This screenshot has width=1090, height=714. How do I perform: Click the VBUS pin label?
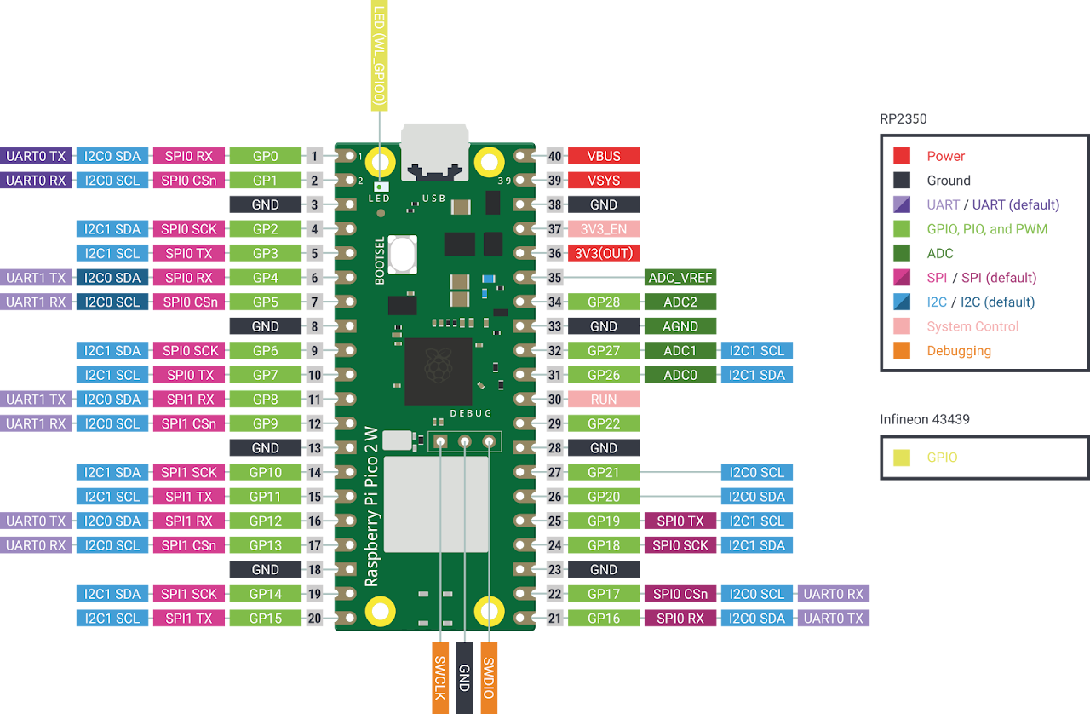pyautogui.click(x=604, y=156)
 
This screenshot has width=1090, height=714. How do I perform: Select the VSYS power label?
pyautogui.click(x=604, y=181)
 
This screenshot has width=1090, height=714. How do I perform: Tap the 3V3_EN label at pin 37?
pyautogui.click(x=604, y=229)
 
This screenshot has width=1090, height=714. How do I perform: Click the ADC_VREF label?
pyautogui.click(x=680, y=278)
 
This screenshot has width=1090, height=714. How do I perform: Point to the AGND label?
pyautogui.click(x=680, y=326)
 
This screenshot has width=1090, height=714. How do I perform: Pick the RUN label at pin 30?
pyautogui.click(x=604, y=400)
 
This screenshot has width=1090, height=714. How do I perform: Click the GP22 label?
pyautogui.click(x=604, y=423)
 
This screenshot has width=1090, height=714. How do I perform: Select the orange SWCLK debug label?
pyautogui.click(x=440, y=678)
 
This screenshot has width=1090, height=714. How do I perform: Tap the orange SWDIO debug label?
pyautogui.click(x=489, y=678)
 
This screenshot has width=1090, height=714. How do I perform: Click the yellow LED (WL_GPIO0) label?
pyautogui.click(x=380, y=55)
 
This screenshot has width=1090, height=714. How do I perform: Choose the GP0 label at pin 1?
pyautogui.click(x=265, y=156)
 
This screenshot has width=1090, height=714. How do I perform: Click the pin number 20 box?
pyautogui.click(x=314, y=618)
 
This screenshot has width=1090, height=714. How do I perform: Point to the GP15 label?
pyautogui.click(x=265, y=618)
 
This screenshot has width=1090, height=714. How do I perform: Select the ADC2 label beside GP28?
pyautogui.click(x=680, y=302)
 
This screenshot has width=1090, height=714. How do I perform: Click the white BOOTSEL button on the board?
pyautogui.click(x=403, y=254)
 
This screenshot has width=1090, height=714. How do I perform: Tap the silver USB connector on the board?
pyautogui.click(x=435, y=152)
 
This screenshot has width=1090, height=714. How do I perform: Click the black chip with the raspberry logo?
pyautogui.click(x=439, y=371)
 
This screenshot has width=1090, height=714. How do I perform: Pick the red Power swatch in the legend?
pyautogui.click(x=902, y=156)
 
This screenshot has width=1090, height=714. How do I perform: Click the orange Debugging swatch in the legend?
pyautogui.click(x=902, y=351)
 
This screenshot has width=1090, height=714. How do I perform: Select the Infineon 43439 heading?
pyautogui.click(x=925, y=419)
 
